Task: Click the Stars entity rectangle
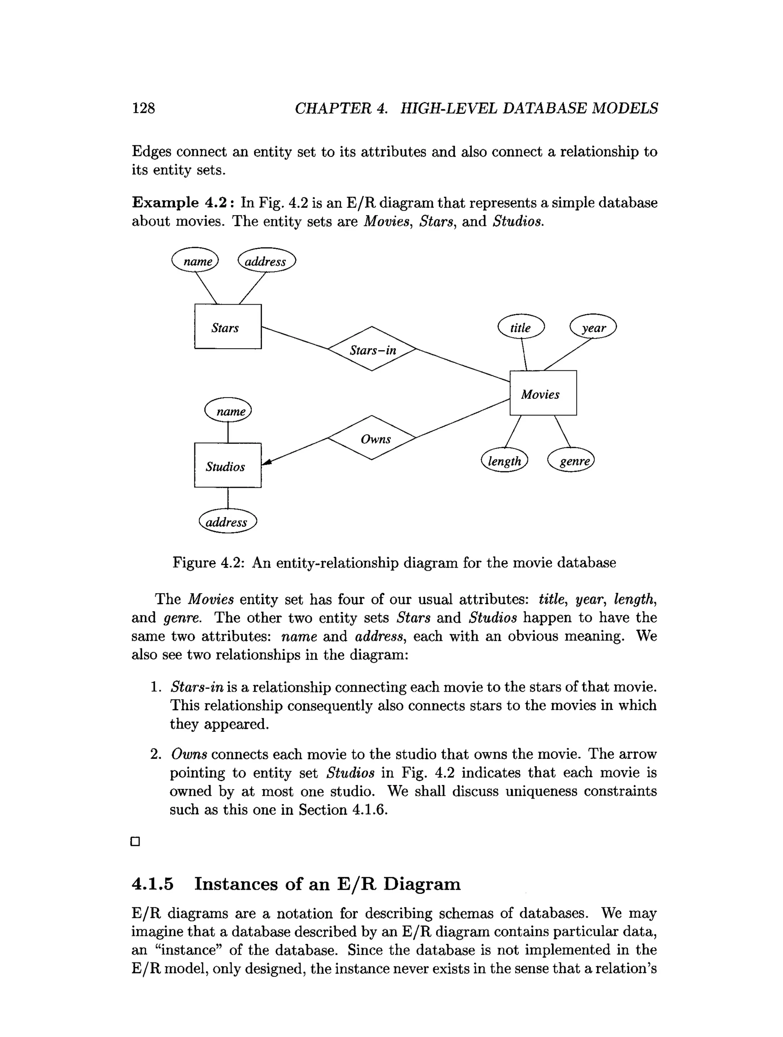pos(228,327)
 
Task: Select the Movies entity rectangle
pos(543,393)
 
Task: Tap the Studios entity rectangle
pos(228,466)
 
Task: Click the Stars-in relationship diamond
pos(372,349)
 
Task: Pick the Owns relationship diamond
pos(372,438)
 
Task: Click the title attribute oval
pos(521,327)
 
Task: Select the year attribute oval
pos(593,327)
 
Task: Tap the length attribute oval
pos(505,460)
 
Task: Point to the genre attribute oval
pos(571,460)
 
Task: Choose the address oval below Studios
pos(228,521)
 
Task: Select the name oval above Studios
pos(228,410)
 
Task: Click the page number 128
pos(143,108)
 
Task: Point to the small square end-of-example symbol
pos(135,842)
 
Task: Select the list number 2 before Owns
pos(156,754)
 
